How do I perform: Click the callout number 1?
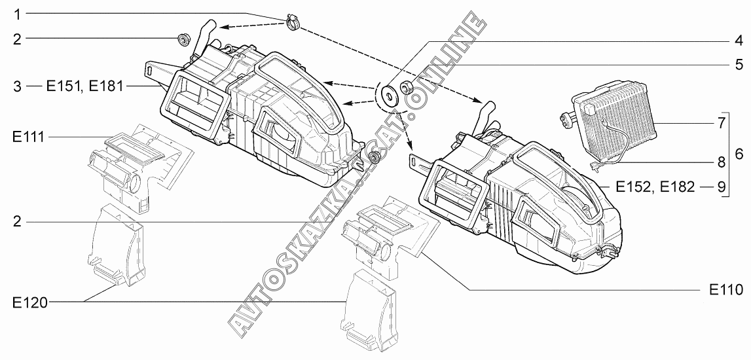click(17, 14)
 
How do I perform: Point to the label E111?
click(29, 137)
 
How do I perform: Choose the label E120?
click(30, 302)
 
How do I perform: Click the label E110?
click(726, 289)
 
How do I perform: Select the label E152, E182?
click(655, 187)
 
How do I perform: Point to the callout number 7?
click(722, 123)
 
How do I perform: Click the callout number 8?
click(722, 162)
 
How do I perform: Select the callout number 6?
click(739, 154)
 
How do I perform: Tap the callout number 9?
click(722, 187)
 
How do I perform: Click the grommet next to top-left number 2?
click(183, 39)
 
